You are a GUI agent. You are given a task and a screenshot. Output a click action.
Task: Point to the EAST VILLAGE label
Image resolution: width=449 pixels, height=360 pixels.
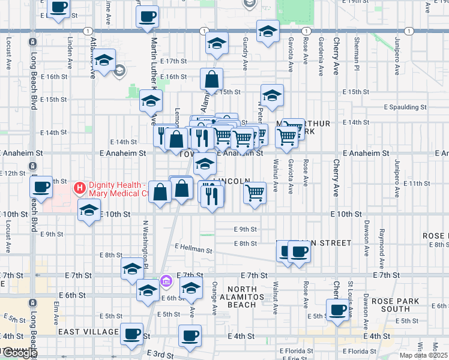[88, 331]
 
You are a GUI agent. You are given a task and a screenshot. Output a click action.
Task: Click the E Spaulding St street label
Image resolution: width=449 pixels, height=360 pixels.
[405, 107]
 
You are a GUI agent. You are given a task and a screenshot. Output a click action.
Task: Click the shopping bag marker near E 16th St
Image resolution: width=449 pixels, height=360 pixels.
[212, 79]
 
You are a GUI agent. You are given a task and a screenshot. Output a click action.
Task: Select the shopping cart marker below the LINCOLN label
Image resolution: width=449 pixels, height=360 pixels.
[255, 193]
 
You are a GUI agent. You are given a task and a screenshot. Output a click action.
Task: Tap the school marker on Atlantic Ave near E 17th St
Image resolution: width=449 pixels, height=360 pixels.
[104, 61]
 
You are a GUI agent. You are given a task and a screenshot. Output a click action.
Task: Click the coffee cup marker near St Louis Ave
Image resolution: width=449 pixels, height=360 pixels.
[338, 310]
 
